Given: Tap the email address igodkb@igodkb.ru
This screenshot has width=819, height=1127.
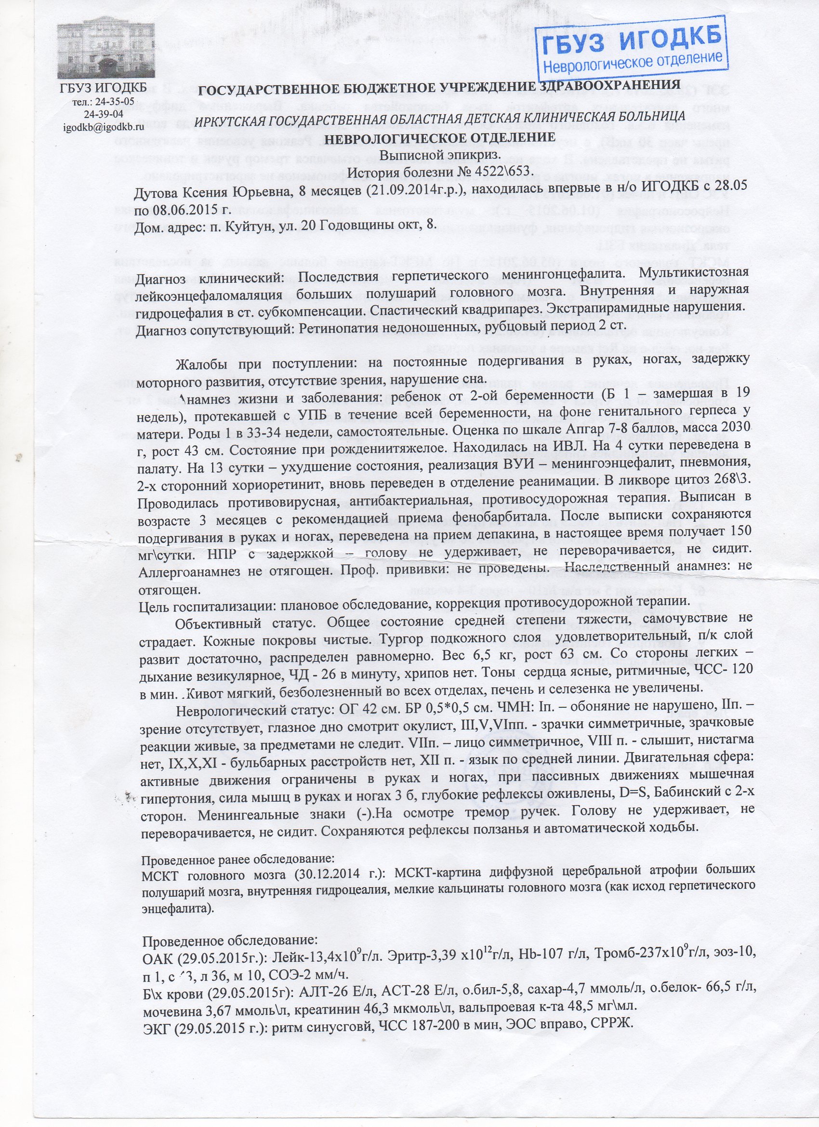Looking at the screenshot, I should click(104, 126).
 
